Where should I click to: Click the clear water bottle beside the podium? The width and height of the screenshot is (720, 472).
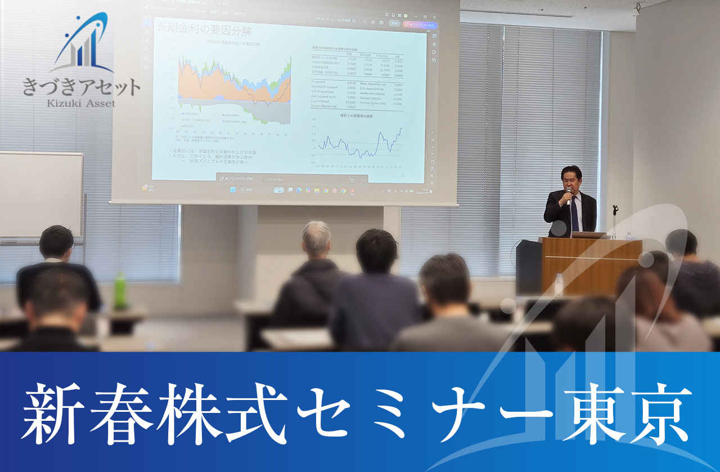click(x=559, y=285)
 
